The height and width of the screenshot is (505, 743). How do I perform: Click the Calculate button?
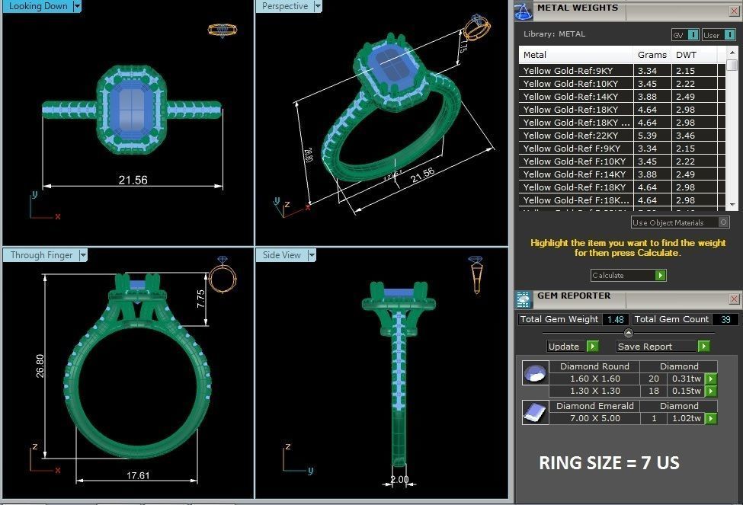coord(628,275)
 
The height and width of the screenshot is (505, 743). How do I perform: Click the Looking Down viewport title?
coord(38,6)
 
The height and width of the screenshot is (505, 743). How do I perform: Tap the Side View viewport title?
coord(282,255)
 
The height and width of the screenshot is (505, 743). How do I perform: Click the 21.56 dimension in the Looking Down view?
coord(133,180)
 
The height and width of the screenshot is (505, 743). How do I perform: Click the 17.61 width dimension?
coord(137,475)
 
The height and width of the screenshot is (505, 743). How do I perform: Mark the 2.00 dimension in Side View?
coord(399,480)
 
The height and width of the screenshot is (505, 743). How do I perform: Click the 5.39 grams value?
coord(647,136)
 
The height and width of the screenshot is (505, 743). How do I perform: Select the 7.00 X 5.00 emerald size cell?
coord(594,418)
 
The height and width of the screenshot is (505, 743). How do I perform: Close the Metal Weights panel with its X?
coord(734,9)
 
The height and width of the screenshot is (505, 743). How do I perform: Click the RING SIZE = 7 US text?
coord(609,463)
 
